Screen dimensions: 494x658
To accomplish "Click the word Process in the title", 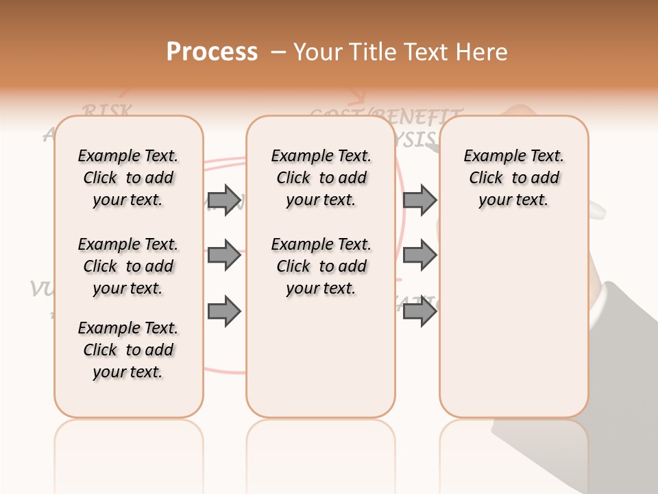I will click(x=212, y=52).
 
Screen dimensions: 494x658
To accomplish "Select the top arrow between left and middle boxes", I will click(x=224, y=200).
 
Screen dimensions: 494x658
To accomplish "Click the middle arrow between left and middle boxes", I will click(x=224, y=256).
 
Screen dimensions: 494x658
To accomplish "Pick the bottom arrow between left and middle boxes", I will click(x=224, y=312).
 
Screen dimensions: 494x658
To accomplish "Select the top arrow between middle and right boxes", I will click(x=419, y=200).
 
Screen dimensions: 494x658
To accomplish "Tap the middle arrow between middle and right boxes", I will click(x=419, y=256).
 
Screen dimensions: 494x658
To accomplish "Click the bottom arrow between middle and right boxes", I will click(x=419, y=312).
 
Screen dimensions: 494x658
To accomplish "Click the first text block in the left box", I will click(x=128, y=178).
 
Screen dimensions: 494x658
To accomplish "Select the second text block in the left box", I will click(x=128, y=266).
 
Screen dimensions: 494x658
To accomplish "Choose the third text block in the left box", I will click(x=128, y=350).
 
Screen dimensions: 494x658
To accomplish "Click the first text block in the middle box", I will click(x=321, y=178).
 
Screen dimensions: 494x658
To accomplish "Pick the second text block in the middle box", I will click(x=321, y=266).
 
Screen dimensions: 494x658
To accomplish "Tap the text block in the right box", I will click(x=514, y=178).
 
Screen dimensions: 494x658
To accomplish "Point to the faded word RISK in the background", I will click(x=106, y=110).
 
